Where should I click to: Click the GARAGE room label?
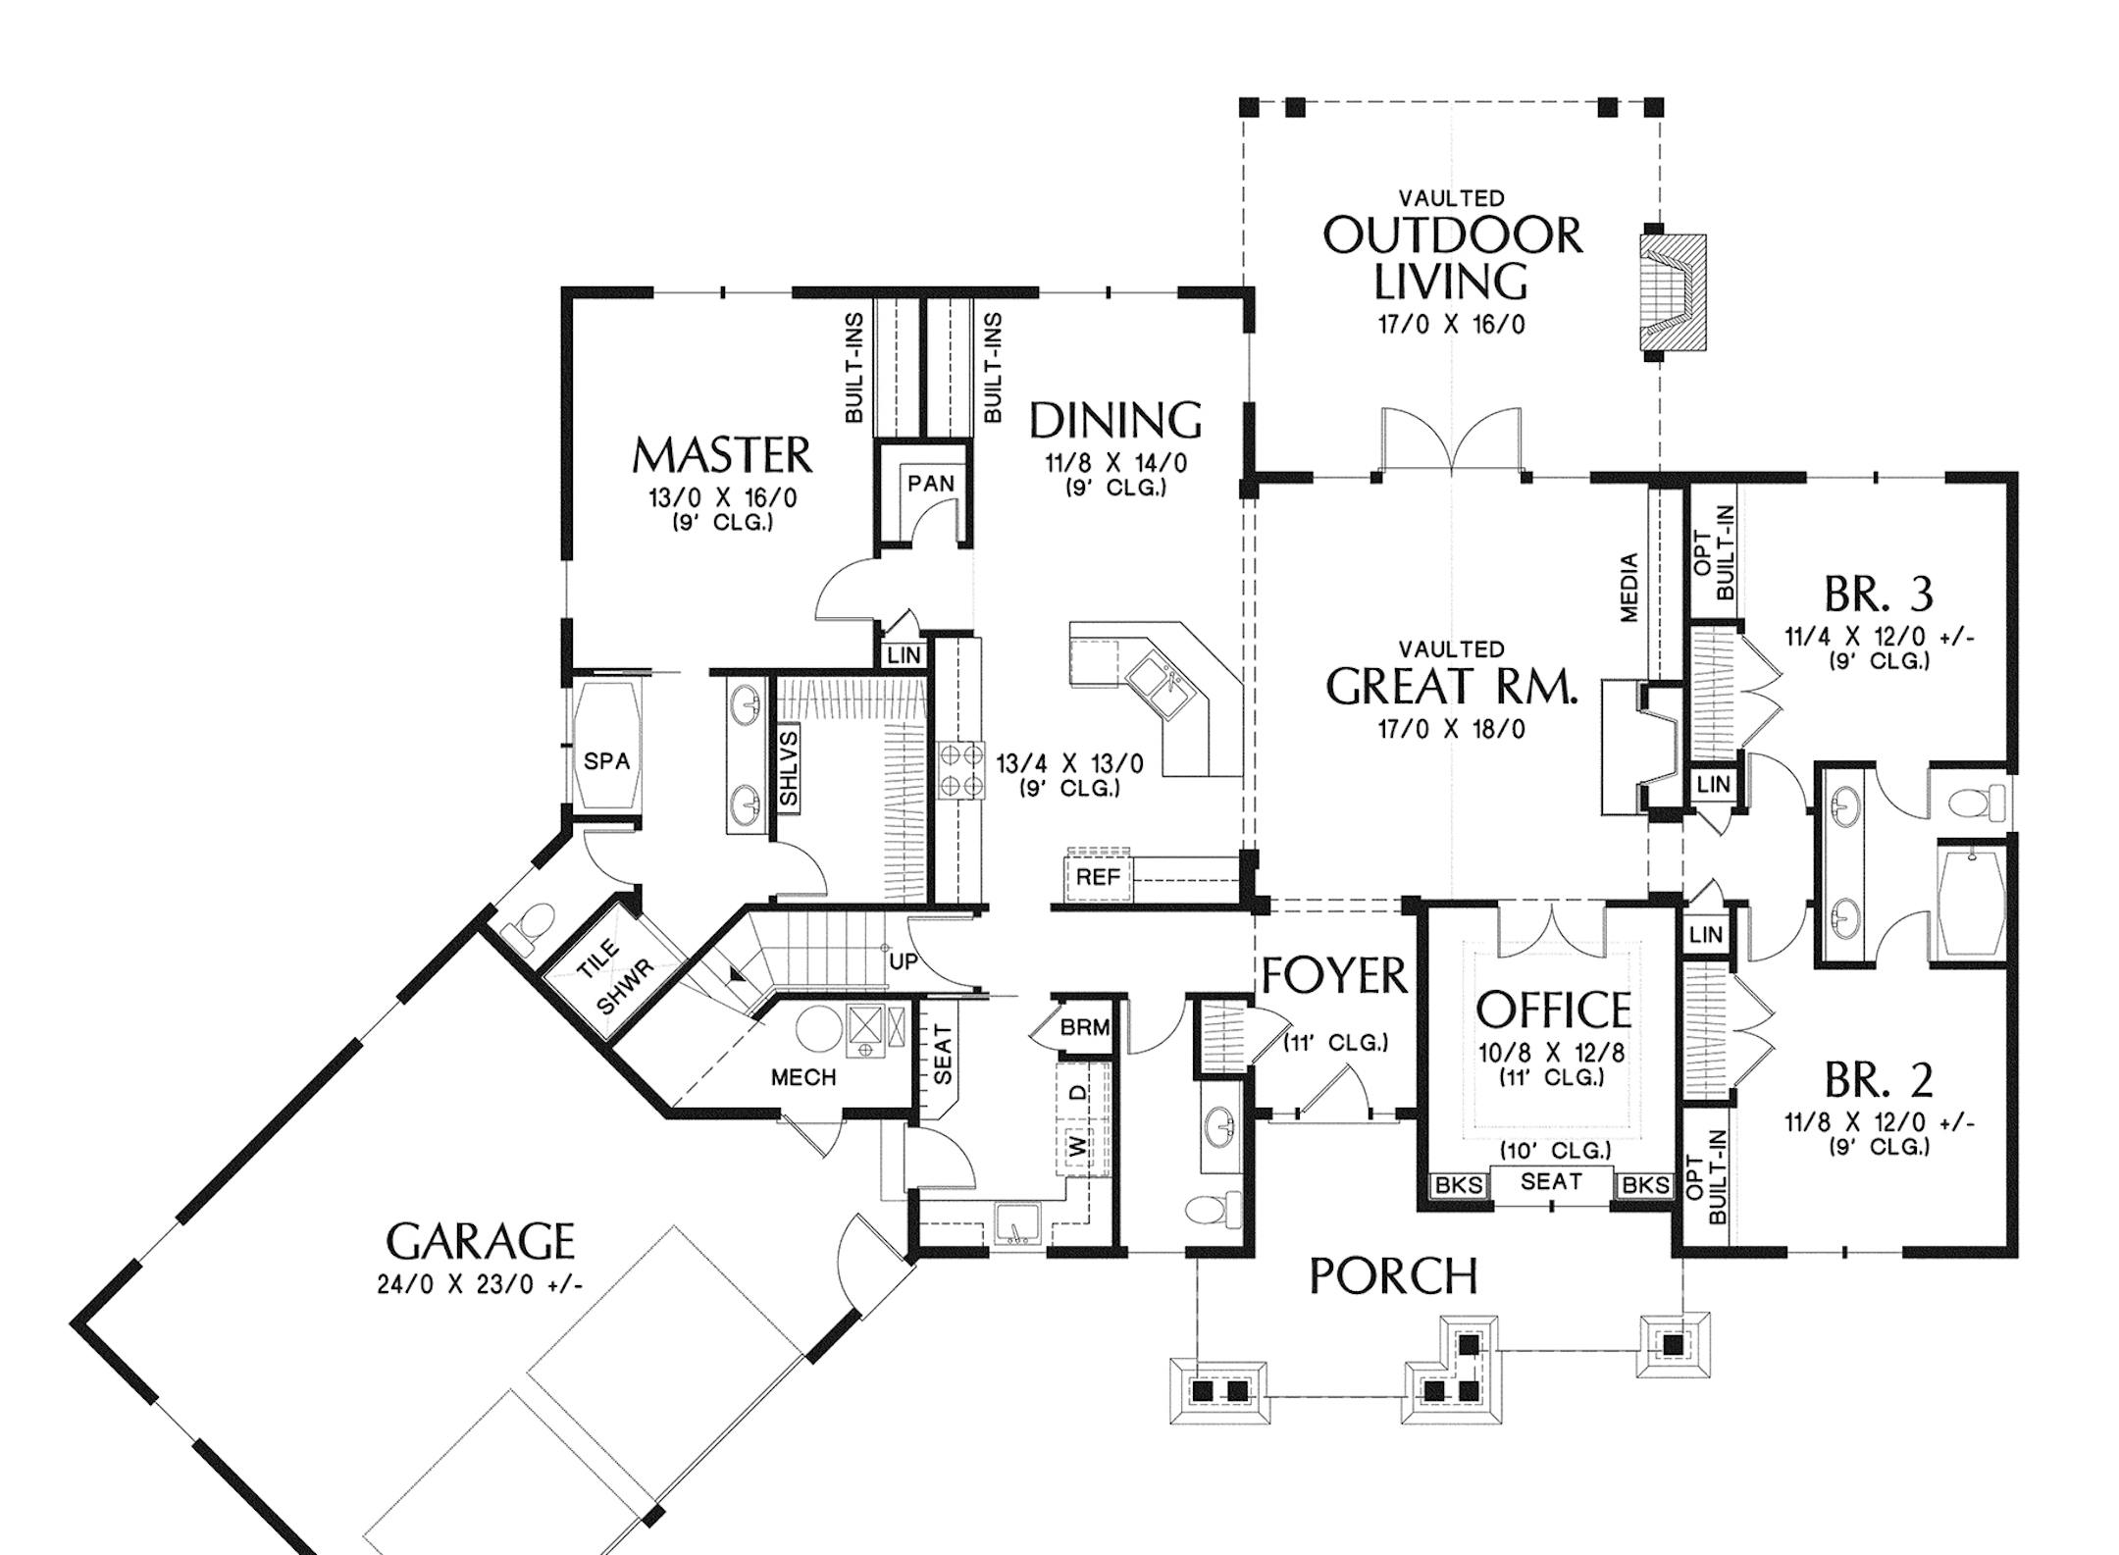tap(480, 1241)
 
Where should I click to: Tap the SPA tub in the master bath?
tap(606, 747)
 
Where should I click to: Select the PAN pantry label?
tap(930, 483)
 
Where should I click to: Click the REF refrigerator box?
tap(1097, 876)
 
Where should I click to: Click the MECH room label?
tap(803, 1077)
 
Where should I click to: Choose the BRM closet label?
tap(1085, 1027)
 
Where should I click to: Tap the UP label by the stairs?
tap(903, 961)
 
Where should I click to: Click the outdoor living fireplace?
tap(1674, 292)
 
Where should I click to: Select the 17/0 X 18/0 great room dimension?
tap(1452, 729)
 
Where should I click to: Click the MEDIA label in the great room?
tap(1629, 588)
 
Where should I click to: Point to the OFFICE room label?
tap(1553, 1009)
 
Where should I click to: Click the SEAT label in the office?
tap(1551, 1181)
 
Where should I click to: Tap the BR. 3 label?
tap(1879, 594)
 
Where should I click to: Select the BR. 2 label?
tap(1879, 1079)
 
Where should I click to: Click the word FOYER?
tap(1334, 976)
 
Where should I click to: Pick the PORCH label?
tap(1393, 1276)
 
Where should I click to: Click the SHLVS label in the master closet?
tap(789, 768)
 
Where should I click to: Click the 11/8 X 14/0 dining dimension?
tap(1115, 462)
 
